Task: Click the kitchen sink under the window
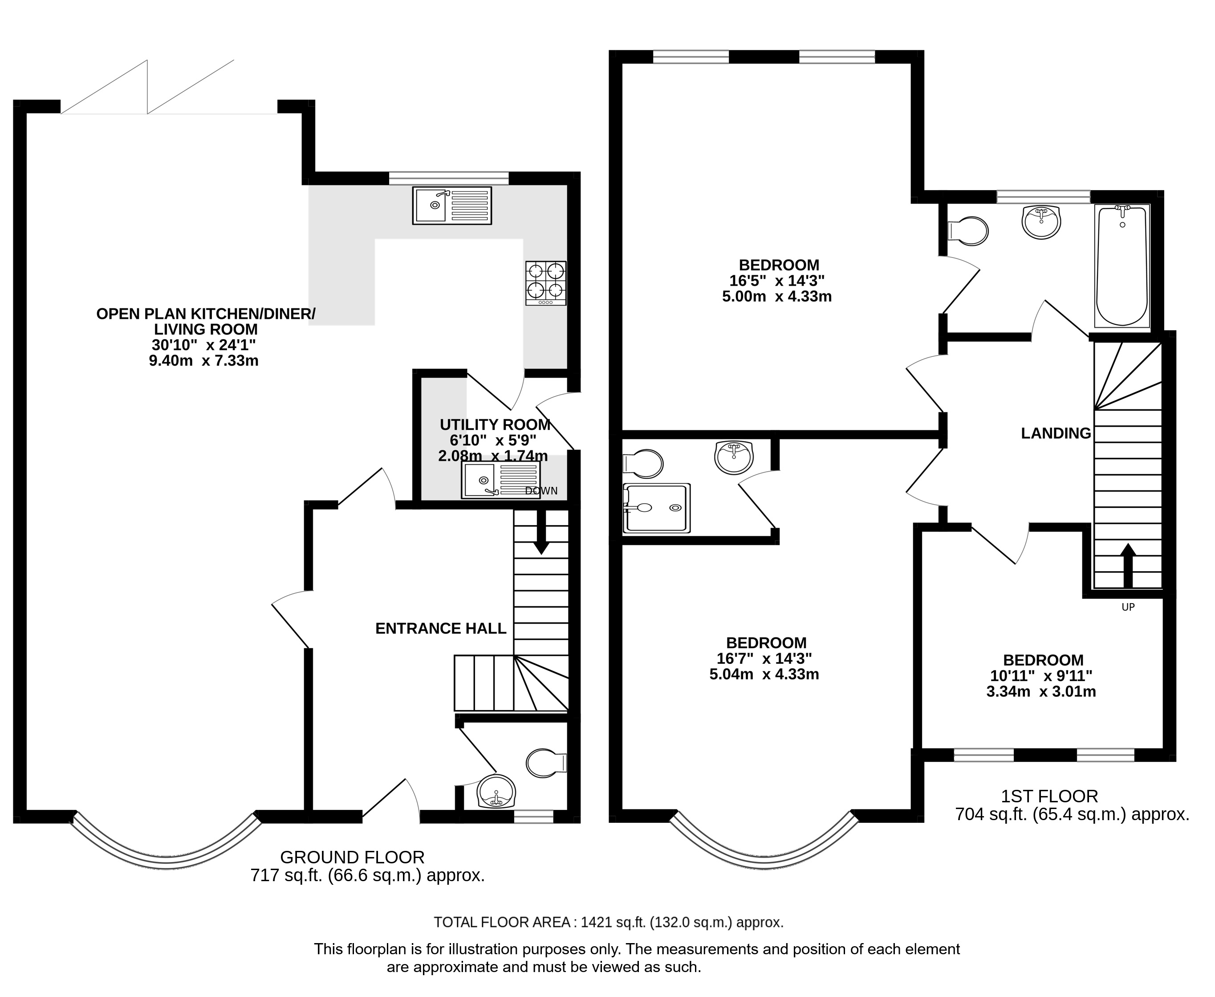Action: click(452, 205)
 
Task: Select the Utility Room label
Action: click(495, 425)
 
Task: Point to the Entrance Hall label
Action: click(441, 628)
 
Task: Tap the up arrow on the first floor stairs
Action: click(1128, 566)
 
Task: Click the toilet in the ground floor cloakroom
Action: click(546, 763)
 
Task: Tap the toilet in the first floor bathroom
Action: click(967, 231)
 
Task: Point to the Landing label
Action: click(1056, 433)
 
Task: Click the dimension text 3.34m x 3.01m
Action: click(1041, 691)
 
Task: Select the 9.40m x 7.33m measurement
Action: click(204, 361)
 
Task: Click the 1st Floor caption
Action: click(1050, 796)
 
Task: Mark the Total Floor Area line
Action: click(608, 922)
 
